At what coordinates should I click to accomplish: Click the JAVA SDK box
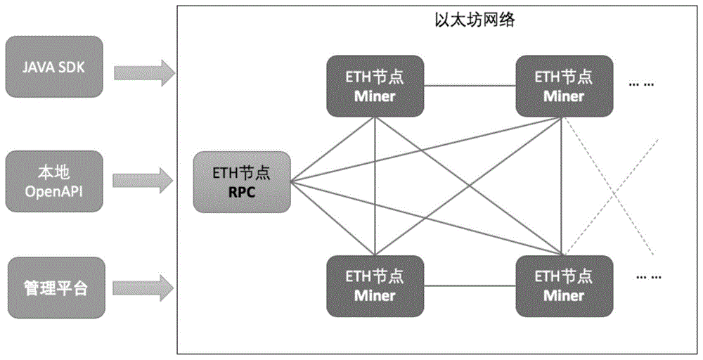pyautogui.click(x=53, y=69)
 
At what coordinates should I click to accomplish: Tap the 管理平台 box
pyautogui.click(x=53, y=287)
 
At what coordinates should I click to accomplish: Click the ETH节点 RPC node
pyautogui.click(x=243, y=181)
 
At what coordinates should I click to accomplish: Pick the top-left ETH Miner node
pyautogui.click(x=375, y=85)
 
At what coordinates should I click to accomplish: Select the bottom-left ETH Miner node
pyautogui.click(x=375, y=285)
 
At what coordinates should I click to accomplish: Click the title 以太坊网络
pyautogui.click(x=475, y=21)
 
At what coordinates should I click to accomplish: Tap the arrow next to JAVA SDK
pyautogui.click(x=143, y=70)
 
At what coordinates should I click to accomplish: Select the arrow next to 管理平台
pyautogui.click(x=143, y=285)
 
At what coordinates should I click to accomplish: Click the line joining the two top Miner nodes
pyautogui.click(x=470, y=86)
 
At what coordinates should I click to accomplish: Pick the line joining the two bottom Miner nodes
pyautogui.click(x=470, y=285)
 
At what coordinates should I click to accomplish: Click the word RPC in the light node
pyautogui.click(x=243, y=192)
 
